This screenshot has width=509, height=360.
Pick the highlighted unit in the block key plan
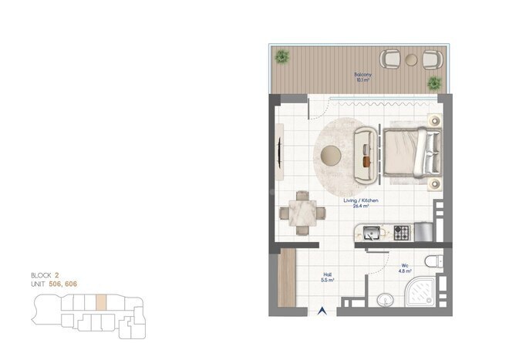tap(100, 300)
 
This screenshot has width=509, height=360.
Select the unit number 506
tap(56, 284)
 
